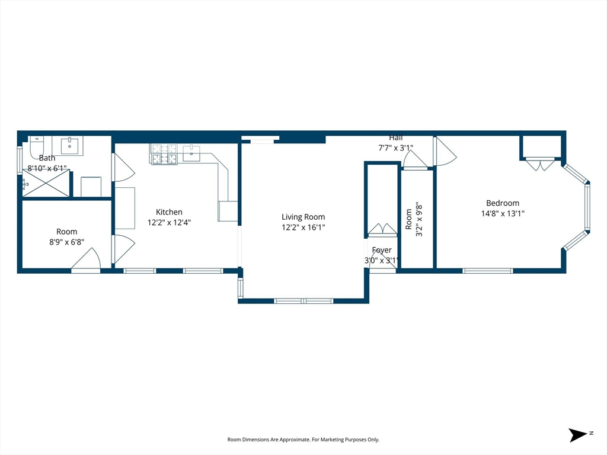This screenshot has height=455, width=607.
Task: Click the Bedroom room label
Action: point(503,203)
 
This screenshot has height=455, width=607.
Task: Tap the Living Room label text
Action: point(303,217)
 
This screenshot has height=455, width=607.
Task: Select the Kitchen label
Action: point(169,212)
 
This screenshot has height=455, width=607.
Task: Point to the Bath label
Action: point(47,158)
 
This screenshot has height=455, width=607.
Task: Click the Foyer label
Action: point(382,250)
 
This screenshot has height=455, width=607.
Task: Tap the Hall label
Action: point(395,137)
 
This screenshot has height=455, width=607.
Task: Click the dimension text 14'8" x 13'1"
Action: point(503,213)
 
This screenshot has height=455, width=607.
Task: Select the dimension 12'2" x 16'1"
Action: point(303,227)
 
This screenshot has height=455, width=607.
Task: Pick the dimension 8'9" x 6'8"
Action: point(66,242)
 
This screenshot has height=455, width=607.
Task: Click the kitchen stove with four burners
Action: point(164,154)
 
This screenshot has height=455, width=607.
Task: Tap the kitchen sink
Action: point(191,153)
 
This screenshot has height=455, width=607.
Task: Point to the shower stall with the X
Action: point(46,184)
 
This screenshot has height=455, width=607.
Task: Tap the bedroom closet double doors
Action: point(540,165)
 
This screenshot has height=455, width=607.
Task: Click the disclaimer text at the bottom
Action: point(303,440)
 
